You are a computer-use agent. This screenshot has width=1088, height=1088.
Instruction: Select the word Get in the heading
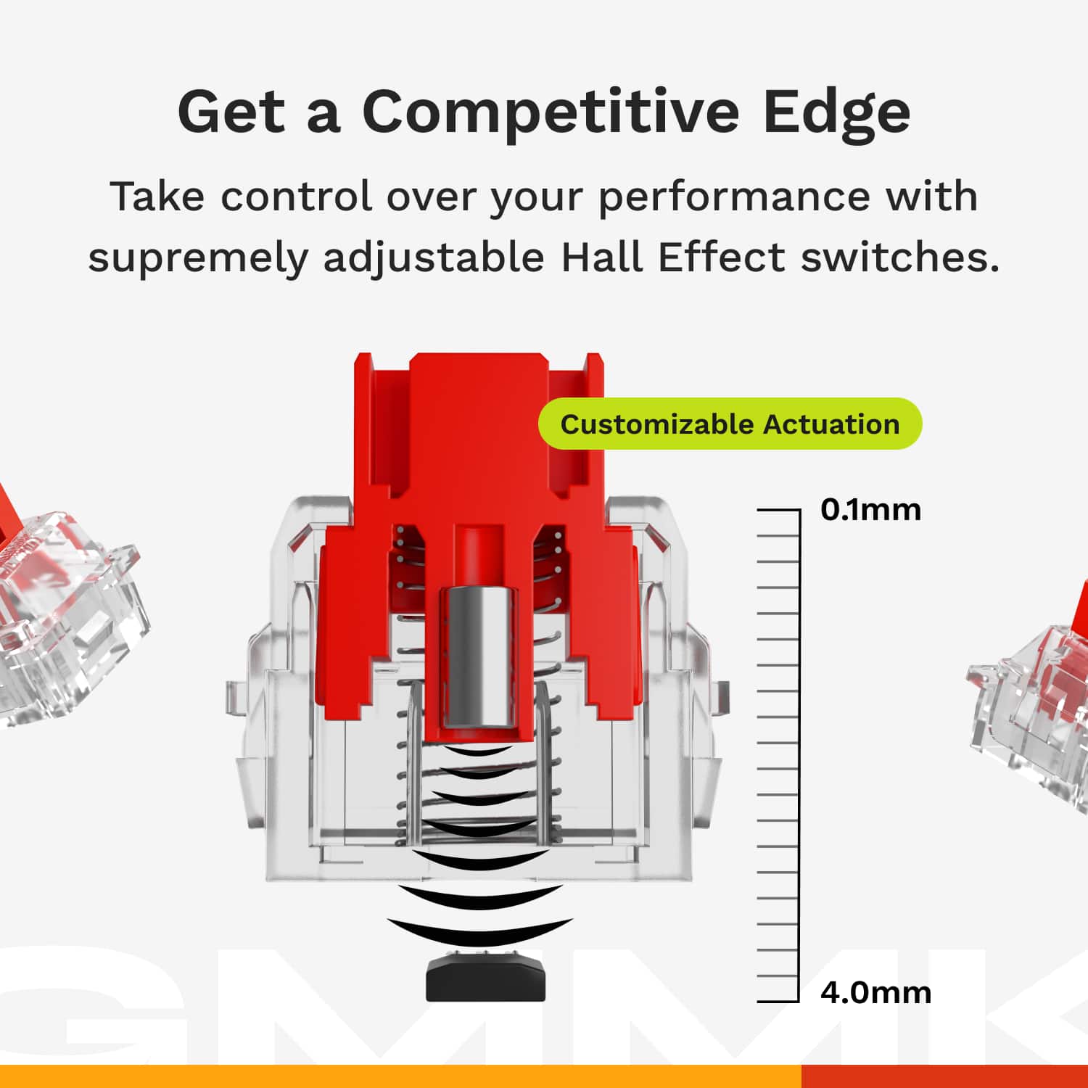231,112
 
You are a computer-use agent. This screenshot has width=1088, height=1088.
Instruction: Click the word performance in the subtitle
733,197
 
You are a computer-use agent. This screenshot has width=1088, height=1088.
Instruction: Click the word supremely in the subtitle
198,258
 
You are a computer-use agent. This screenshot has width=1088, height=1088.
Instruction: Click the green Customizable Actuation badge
729,424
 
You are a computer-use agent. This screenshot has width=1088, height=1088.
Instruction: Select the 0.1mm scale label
870,510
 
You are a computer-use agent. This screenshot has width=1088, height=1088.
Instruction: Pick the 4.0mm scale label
875,992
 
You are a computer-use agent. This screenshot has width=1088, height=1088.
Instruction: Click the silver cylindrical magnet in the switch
479,656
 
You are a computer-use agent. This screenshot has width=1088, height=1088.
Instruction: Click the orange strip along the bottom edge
399,1076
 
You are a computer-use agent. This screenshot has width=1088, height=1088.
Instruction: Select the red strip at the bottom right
943,1076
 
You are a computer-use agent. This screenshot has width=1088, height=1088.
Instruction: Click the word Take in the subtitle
157,197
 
